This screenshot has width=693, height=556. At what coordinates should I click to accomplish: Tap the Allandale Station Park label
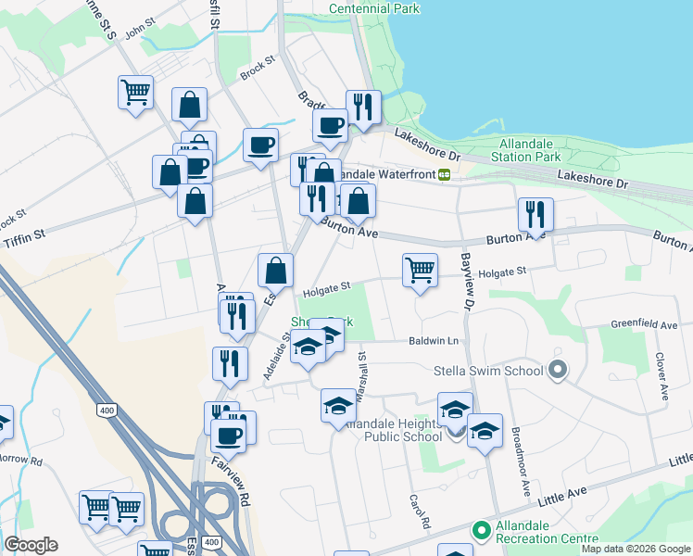pyautogui.click(x=530, y=150)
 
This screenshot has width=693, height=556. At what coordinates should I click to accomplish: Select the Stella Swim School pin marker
pyautogui.click(x=557, y=371)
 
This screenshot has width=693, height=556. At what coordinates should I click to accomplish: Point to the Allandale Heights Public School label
pyautogui.click(x=392, y=430)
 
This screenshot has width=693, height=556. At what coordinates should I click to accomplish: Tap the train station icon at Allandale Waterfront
pyautogui.click(x=445, y=173)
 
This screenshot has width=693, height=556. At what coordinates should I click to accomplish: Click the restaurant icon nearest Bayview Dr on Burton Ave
pyautogui.click(x=535, y=215)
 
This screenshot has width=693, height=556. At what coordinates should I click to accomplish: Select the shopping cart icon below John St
pyautogui.click(x=135, y=93)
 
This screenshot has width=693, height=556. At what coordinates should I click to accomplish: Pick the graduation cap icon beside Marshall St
pyautogui.click(x=338, y=406)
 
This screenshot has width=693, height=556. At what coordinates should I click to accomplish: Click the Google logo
pyautogui.click(x=31, y=545)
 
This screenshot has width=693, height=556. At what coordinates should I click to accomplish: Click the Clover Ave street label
pyautogui.click(x=661, y=376)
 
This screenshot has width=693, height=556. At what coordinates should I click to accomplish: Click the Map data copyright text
pyautogui.click(x=636, y=549)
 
